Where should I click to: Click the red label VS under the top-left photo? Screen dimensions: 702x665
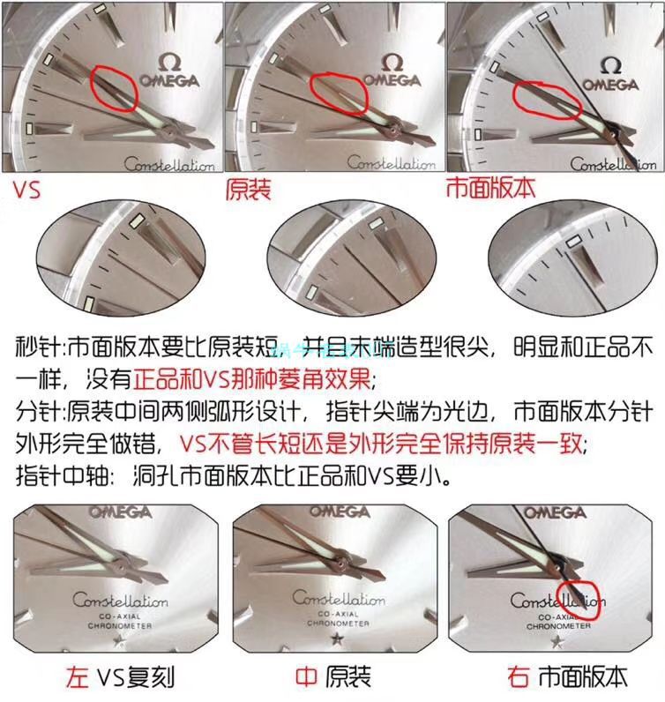27,189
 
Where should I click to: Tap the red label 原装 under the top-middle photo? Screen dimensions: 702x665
249,189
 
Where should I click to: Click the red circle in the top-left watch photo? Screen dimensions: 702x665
113,89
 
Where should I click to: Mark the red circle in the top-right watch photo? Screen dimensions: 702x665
547,100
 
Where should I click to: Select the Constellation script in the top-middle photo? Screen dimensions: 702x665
391,164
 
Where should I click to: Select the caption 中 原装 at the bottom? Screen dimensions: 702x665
332,676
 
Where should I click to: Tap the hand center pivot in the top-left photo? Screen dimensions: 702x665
168,133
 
